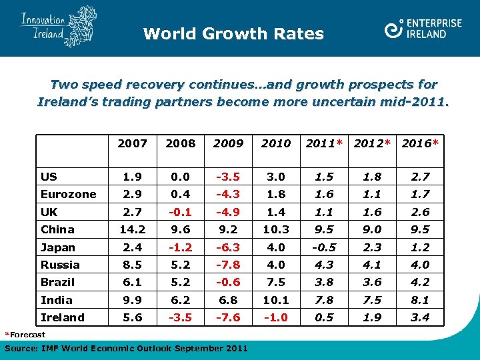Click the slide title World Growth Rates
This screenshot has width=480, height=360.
click(x=233, y=33)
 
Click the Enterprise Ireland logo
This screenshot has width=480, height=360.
click(x=423, y=28)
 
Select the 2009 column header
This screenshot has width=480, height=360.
click(x=229, y=143)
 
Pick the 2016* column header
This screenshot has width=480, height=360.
click(x=420, y=143)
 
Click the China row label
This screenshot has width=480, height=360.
click(x=57, y=229)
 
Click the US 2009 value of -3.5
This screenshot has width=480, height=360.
click(x=229, y=177)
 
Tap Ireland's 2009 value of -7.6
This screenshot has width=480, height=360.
click(x=229, y=317)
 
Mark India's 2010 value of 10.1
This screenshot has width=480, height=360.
click(x=275, y=300)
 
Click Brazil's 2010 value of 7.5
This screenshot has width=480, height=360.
click(x=275, y=282)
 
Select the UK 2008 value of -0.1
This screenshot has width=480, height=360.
click(x=180, y=212)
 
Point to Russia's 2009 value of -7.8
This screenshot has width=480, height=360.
click(x=229, y=265)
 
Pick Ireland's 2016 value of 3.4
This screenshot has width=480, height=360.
click(x=420, y=317)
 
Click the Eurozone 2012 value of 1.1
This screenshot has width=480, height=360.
click(x=373, y=194)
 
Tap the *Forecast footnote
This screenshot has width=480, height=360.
click(x=25, y=335)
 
